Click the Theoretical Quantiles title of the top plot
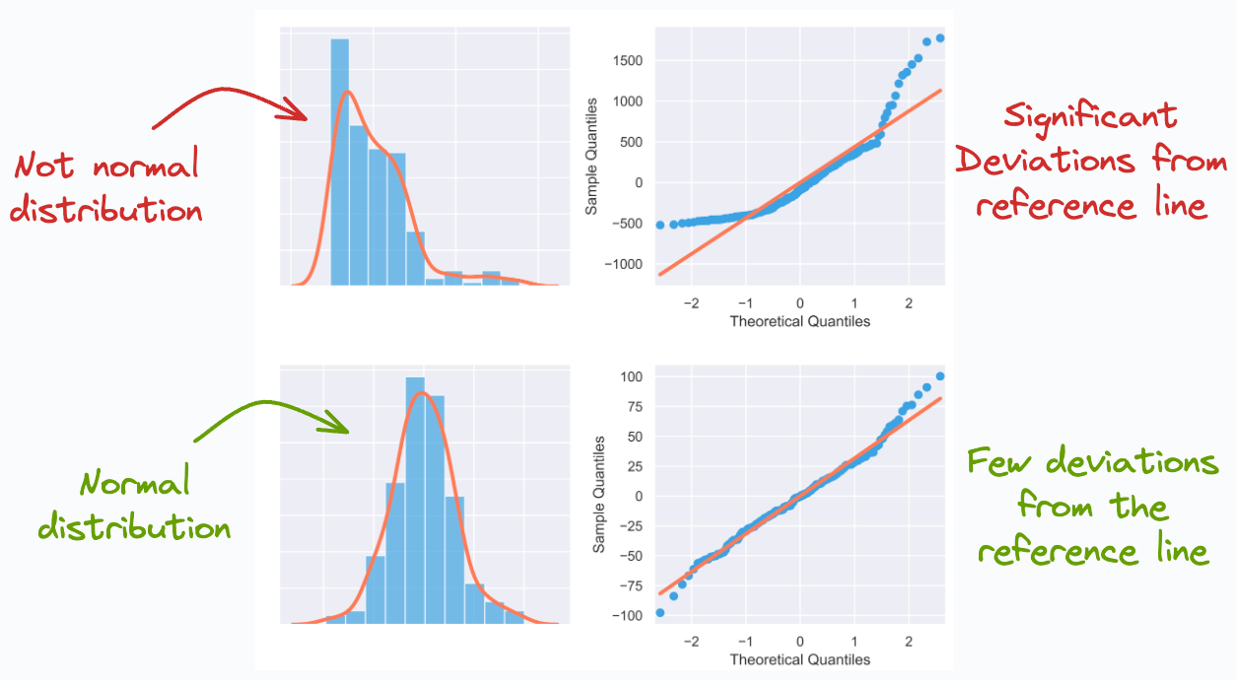(x=799, y=321)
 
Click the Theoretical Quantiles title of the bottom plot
(x=799, y=658)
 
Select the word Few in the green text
(x=1001, y=463)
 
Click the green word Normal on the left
(x=134, y=484)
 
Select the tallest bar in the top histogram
(x=340, y=163)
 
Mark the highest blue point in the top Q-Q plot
(x=939, y=38)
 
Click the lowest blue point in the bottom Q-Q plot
(x=659, y=612)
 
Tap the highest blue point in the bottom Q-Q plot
(x=939, y=376)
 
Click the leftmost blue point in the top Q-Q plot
(x=659, y=225)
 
